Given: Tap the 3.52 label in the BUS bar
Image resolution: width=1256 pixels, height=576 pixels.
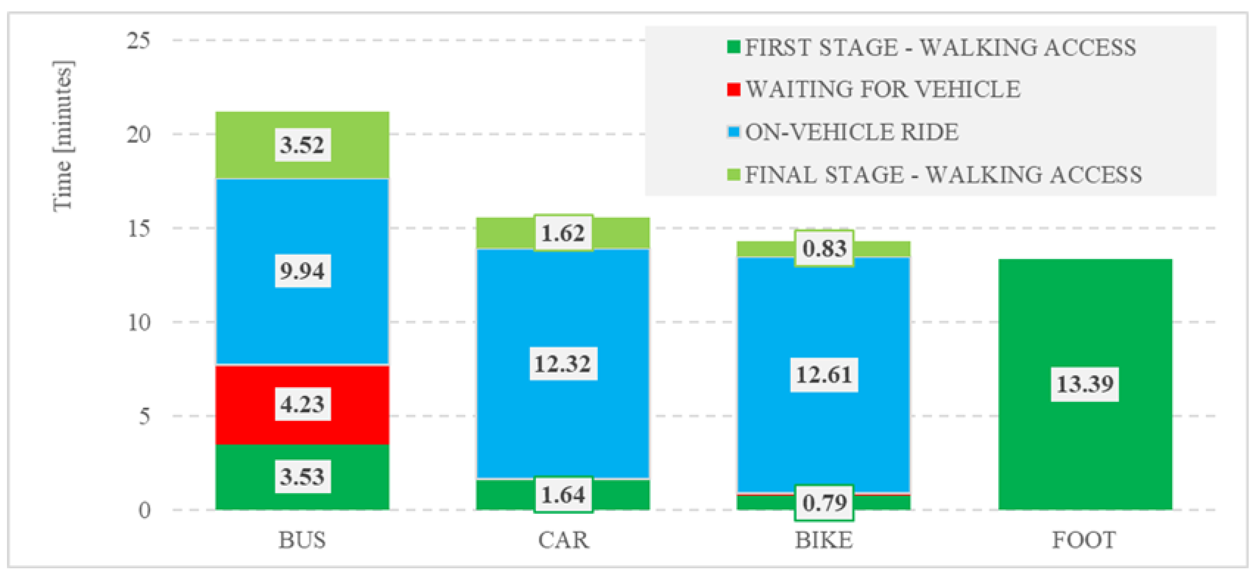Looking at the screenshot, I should pyautogui.click(x=302, y=145).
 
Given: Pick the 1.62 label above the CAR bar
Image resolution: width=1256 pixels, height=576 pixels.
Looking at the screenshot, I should pyautogui.click(x=563, y=233).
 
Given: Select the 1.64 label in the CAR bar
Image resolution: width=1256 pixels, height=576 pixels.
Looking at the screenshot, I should pyautogui.click(x=563, y=495).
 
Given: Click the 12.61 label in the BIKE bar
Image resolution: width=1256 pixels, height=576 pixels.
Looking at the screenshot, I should pyautogui.click(x=824, y=375).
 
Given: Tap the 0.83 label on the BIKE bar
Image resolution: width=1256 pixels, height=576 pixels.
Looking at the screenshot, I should pyautogui.click(x=824, y=248).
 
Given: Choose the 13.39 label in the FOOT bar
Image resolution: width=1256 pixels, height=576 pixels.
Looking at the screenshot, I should pyautogui.click(x=1085, y=384).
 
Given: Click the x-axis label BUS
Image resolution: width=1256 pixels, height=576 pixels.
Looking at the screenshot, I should pyautogui.click(x=302, y=540).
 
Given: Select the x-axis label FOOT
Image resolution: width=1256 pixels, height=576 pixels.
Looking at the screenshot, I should pyautogui.click(x=1084, y=540).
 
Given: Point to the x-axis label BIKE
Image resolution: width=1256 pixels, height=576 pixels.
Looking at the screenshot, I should pyautogui.click(x=824, y=540).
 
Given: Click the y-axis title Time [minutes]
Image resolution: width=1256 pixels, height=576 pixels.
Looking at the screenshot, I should pyautogui.click(x=63, y=137).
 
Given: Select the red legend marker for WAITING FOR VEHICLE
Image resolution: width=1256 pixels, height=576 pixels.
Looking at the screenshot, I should pyautogui.click(x=733, y=90).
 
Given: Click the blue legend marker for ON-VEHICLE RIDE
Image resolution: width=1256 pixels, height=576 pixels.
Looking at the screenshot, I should pyautogui.click(x=733, y=132).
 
